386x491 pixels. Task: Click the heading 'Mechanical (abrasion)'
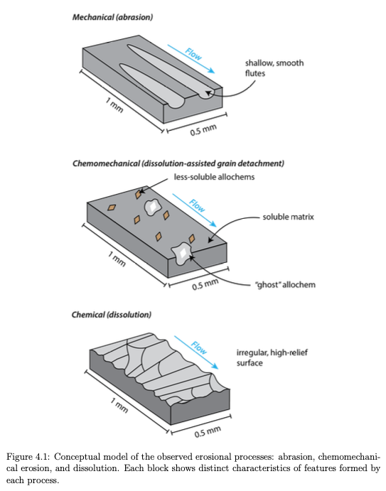pyautogui.click(x=112, y=17)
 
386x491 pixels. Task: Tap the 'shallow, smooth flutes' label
pyautogui.click(x=274, y=68)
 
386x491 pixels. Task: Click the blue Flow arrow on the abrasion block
pyautogui.click(x=191, y=59)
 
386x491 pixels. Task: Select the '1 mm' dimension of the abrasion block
pyautogui.click(x=114, y=105)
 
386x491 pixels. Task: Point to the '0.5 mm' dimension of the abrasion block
pyautogui.click(x=203, y=129)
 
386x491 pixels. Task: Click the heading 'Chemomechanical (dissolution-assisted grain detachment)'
pyautogui.click(x=178, y=163)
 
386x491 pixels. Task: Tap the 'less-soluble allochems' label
pyautogui.click(x=214, y=177)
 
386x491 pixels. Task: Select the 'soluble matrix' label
pyautogui.click(x=288, y=217)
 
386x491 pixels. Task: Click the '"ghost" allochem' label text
pyautogui.click(x=286, y=285)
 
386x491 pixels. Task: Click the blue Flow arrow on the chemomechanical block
pyautogui.click(x=194, y=210)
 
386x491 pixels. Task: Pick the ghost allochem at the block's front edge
pyautogui.click(x=181, y=253)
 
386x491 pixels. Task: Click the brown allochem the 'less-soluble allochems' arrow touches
pyautogui.click(x=138, y=194)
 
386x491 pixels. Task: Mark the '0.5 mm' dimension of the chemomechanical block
pyautogui.click(x=205, y=284)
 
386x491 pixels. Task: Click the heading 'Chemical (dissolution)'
pyautogui.click(x=111, y=314)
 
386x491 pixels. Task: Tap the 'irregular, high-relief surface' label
pyautogui.click(x=272, y=357)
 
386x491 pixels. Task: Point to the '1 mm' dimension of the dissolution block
pyautogui.click(x=119, y=405)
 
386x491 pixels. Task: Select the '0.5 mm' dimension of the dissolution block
pyautogui.click(x=208, y=431)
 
